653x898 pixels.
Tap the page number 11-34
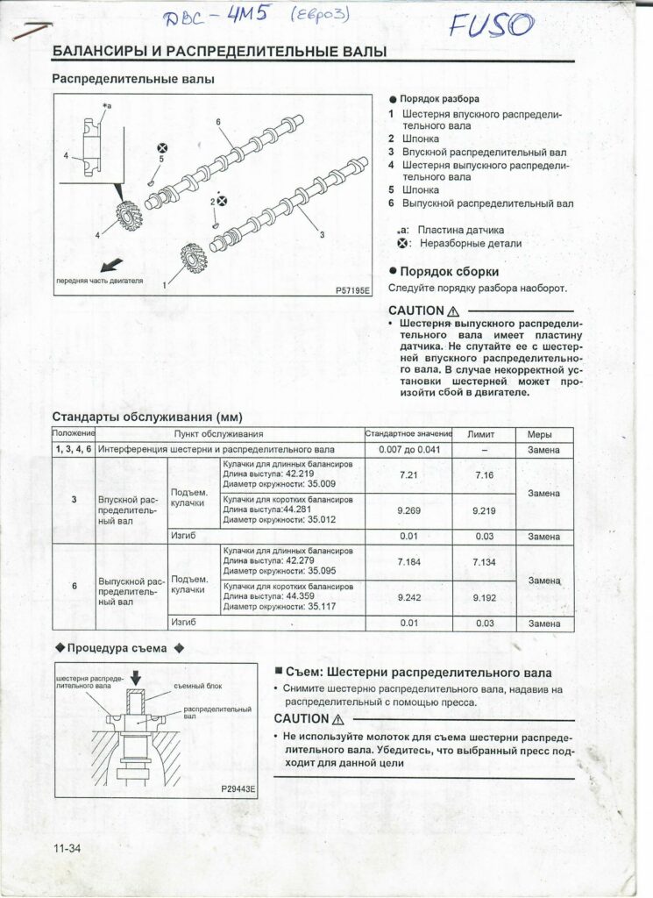pos(66,847)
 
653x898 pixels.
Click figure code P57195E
pos(352,289)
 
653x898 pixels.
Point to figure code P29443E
pos(238,788)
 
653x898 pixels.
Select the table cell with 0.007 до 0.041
pos(408,449)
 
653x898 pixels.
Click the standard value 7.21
pos(408,474)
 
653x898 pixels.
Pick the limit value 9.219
pos(484,510)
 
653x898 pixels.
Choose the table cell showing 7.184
pos(408,561)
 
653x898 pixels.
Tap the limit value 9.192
pos(484,596)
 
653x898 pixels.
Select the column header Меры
pos(543,434)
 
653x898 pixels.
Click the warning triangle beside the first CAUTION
pos(453,311)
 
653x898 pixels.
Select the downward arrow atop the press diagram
pos(135,678)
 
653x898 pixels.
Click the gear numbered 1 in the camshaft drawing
pos(193,259)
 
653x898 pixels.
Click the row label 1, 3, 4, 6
pos(74,449)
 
